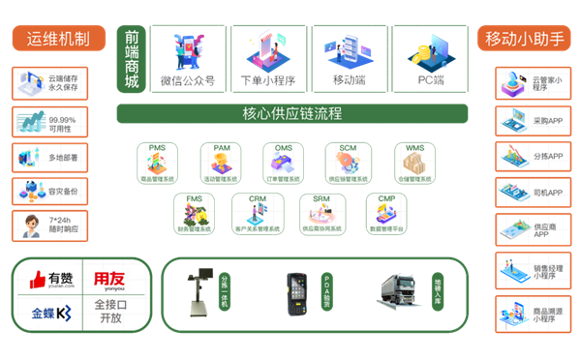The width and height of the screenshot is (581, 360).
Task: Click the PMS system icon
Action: coord(157,162)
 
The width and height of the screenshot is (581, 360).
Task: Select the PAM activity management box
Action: coord(220,162)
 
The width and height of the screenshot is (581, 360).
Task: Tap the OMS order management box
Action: coord(284,162)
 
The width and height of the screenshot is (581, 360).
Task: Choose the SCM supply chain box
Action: coord(348,162)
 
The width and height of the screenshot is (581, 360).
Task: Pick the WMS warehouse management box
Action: coord(414,162)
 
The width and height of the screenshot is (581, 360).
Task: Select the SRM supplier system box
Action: coord(321,213)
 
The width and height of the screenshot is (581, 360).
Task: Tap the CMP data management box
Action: coord(384,213)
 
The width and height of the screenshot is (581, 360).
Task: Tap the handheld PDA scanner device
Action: coord(295,289)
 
